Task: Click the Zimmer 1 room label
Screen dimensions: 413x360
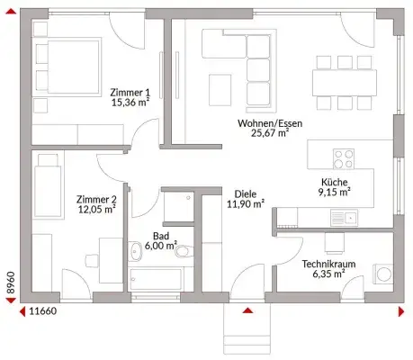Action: [x=130, y=92]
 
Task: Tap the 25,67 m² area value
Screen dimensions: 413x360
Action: [x=270, y=132]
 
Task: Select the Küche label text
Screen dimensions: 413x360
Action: [x=335, y=182]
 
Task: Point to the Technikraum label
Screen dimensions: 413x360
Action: [x=328, y=264]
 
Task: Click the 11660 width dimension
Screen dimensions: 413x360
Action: [x=43, y=311]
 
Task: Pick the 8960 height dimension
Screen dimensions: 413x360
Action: [x=11, y=283]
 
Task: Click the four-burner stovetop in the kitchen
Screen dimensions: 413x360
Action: [x=344, y=159]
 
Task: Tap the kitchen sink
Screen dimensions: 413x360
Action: [x=344, y=218]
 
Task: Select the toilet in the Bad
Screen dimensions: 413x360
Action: [x=184, y=251]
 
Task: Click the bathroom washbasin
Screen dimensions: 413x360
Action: [x=136, y=251]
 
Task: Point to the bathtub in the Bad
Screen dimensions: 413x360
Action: [x=156, y=279]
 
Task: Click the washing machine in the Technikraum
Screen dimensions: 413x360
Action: [x=383, y=274]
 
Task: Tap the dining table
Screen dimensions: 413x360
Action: [x=345, y=83]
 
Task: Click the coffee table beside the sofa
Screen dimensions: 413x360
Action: [x=220, y=90]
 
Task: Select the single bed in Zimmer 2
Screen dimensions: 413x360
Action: [x=48, y=186]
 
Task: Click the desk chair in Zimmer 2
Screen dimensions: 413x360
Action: [x=92, y=260]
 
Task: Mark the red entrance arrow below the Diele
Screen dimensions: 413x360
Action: [x=247, y=310]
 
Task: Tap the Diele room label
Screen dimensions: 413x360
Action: [x=246, y=193]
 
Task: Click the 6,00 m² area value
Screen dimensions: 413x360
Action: [x=161, y=246]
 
